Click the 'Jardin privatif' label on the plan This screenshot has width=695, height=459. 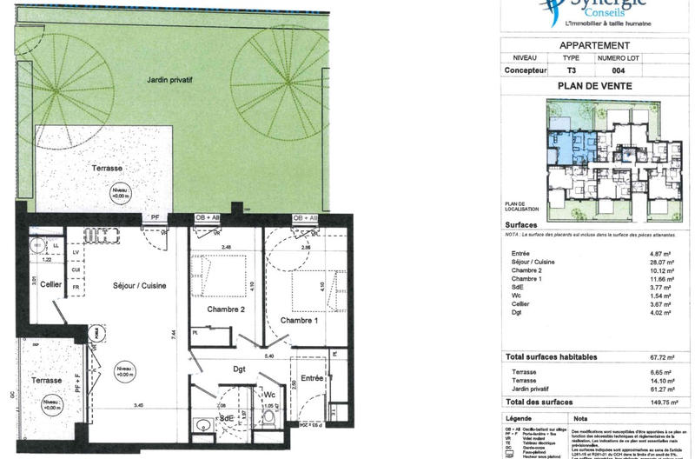(169, 79)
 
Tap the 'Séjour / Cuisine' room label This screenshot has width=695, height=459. (139, 285)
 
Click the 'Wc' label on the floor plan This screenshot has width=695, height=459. (270, 395)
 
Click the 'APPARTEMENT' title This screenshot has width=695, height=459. (594, 45)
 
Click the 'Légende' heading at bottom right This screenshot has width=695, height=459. (520, 419)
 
